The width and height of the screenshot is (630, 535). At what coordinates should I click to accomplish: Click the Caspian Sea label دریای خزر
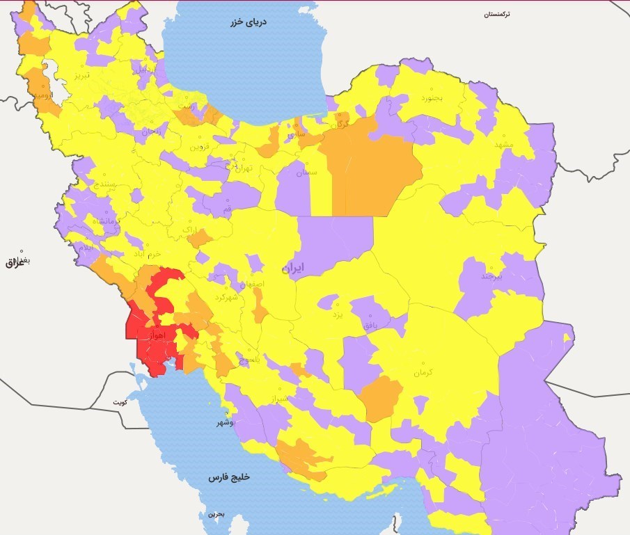pos(249,22)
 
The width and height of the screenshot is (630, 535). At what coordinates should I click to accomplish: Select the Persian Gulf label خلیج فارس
pos(228,478)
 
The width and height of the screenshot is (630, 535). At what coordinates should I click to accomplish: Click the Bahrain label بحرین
pos(216,514)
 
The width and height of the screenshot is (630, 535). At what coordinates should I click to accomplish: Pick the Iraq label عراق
pos(14,262)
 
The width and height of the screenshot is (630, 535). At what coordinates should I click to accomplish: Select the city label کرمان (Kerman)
pos(423,373)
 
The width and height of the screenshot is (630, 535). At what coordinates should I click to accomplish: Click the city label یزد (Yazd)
pos(337,314)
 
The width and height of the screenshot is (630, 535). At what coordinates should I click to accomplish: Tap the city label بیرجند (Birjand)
pos(491,276)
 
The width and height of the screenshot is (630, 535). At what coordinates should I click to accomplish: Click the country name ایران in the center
pos(293,268)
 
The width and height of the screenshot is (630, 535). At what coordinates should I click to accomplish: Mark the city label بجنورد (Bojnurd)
pos(431,98)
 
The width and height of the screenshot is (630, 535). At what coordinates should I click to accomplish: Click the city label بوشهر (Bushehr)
pos(223,422)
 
